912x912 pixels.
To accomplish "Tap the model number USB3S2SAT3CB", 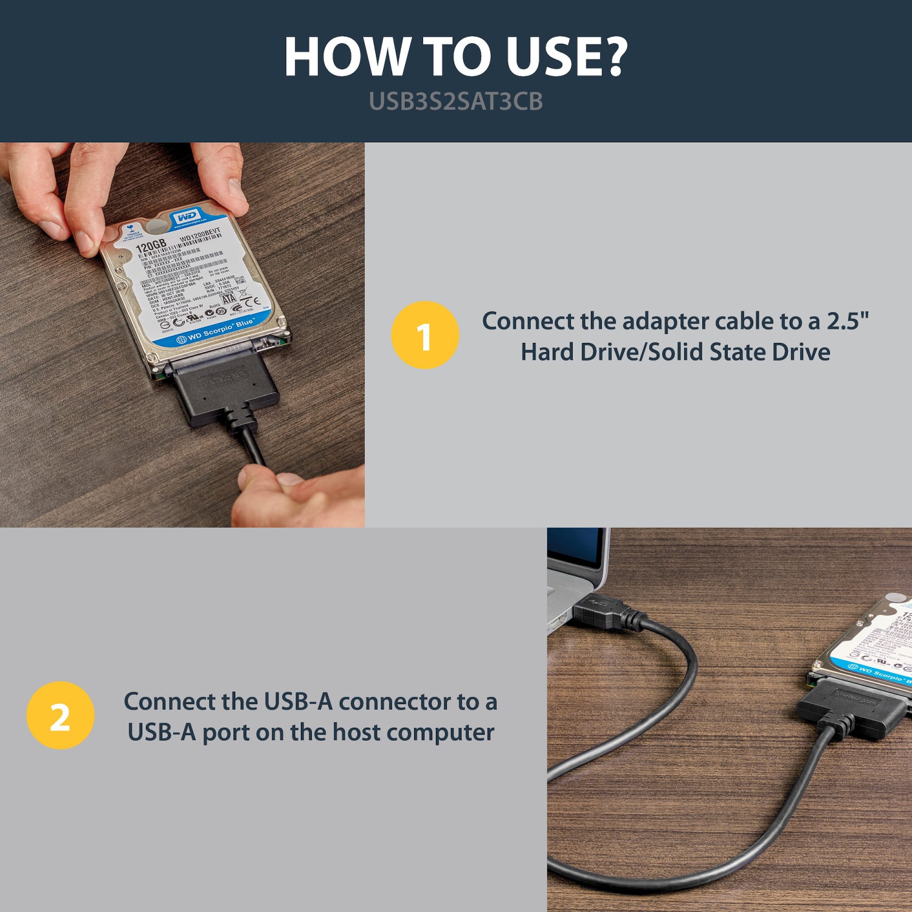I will [x=455, y=102].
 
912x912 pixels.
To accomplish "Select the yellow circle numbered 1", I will [x=425, y=335].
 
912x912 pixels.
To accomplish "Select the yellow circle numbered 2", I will [x=60, y=716].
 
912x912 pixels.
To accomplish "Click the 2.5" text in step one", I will [x=848, y=321].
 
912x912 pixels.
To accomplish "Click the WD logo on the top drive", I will [x=186, y=217].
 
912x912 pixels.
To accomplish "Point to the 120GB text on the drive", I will [x=150, y=246].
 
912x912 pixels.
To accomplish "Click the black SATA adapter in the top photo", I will [x=225, y=389].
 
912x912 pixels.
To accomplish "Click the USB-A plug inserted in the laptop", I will [x=599, y=611].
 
